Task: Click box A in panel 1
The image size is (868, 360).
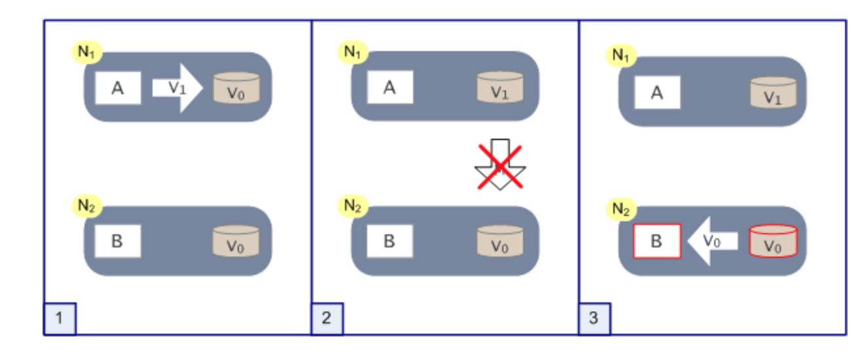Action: [118, 88]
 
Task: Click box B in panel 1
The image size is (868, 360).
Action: [118, 242]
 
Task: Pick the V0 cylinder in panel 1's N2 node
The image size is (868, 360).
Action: [236, 242]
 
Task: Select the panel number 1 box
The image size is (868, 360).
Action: [60, 319]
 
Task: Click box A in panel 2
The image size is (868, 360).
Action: [389, 87]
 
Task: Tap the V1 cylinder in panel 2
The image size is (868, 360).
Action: [499, 88]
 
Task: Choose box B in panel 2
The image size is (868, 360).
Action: [389, 241]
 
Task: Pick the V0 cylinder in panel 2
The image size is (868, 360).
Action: [499, 242]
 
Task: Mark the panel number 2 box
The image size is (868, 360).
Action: [327, 319]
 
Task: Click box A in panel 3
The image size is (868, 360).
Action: [657, 92]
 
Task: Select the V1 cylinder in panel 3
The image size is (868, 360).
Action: [773, 93]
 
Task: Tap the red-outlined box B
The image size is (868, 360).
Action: [657, 241]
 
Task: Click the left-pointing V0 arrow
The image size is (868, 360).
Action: [712, 241]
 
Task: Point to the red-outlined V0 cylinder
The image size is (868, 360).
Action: [773, 242]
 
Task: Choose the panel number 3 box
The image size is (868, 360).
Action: [594, 319]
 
